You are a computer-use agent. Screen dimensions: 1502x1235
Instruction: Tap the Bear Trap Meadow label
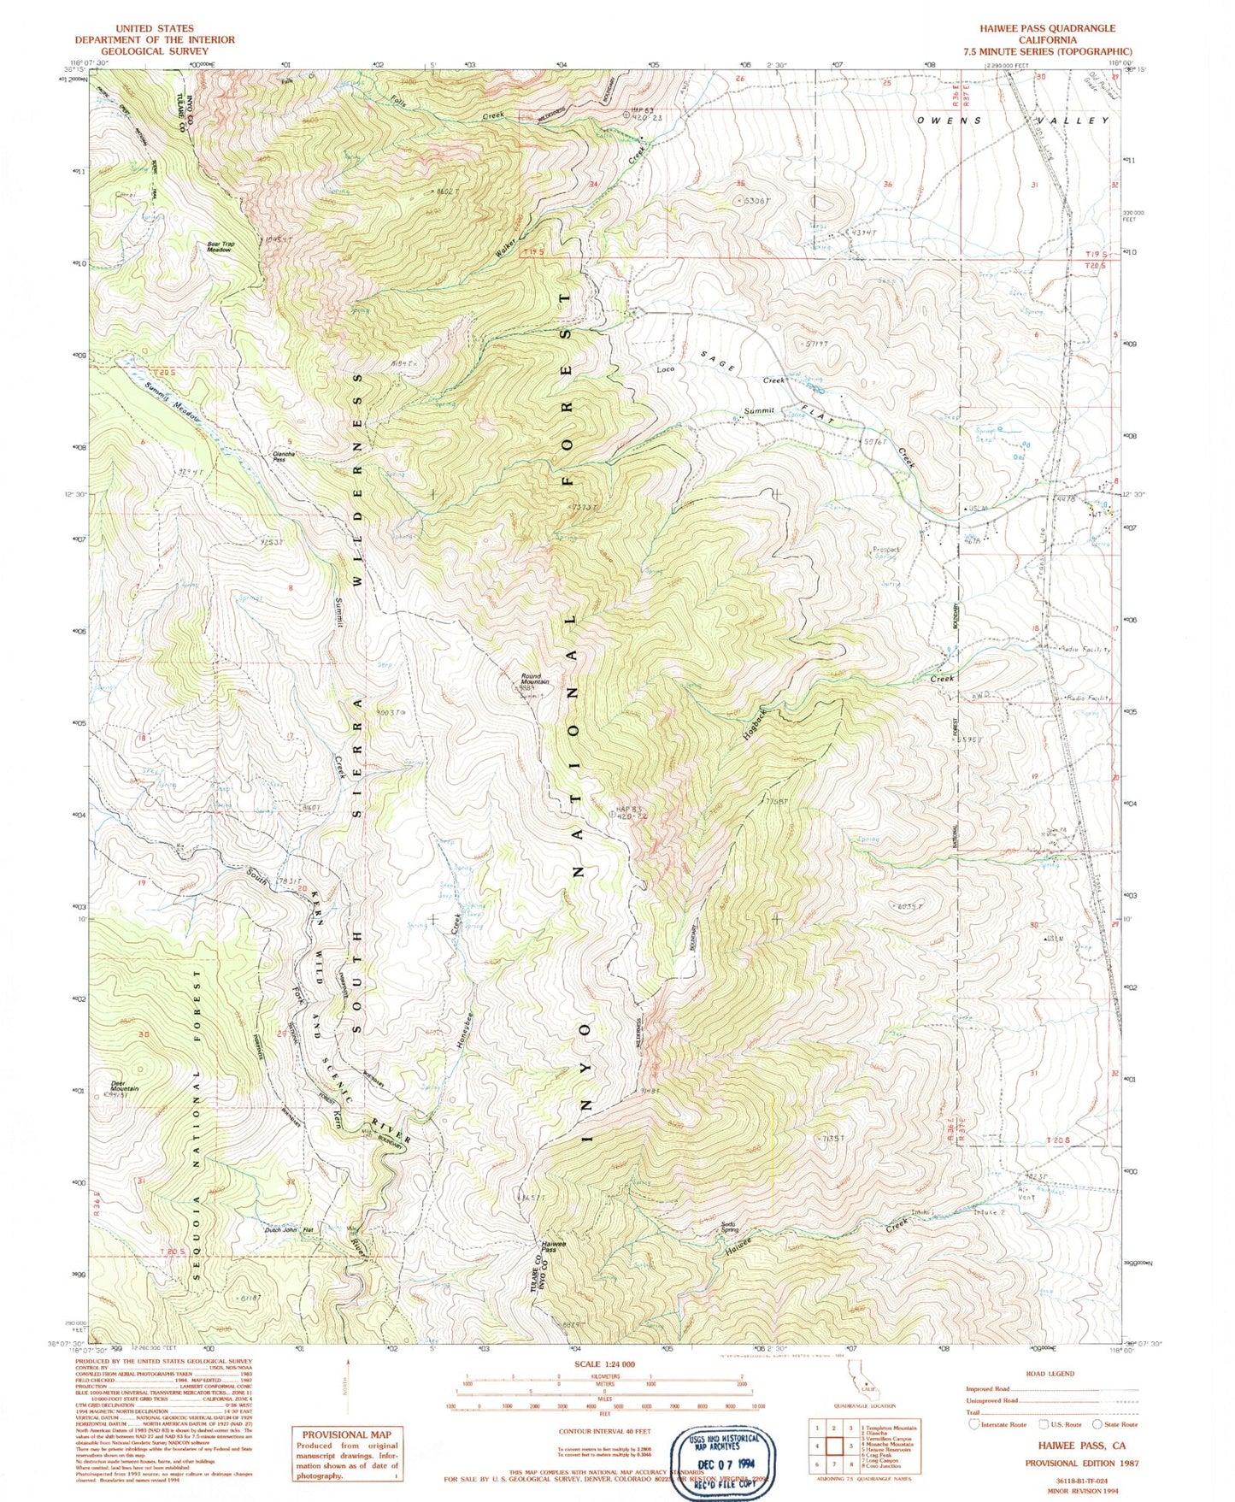pyautogui.click(x=220, y=246)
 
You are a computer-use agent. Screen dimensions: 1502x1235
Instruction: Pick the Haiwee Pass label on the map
pyautogui.click(x=548, y=1246)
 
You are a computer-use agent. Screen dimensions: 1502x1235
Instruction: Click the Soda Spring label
pyautogui.click(x=728, y=1227)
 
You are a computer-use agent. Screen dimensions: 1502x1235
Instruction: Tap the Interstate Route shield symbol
pyautogui.click(x=973, y=1424)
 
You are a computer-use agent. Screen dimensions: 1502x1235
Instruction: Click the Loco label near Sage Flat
pyautogui.click(x=665, y=370)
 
